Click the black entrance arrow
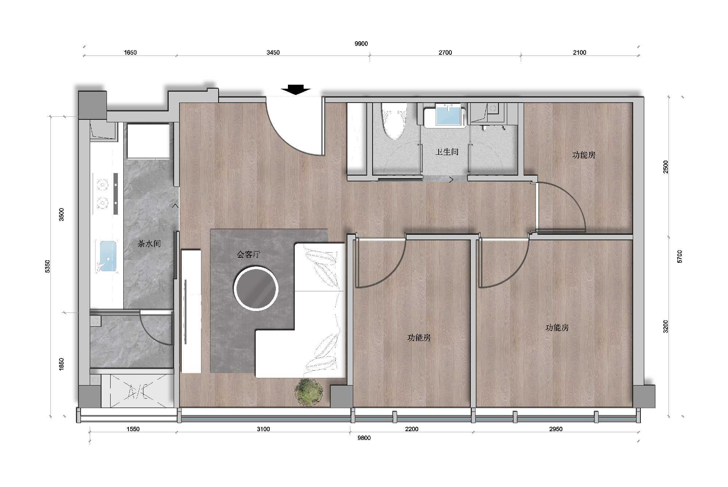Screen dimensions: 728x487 (x=296, y=89)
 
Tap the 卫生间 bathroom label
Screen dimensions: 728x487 (x=447, y=152)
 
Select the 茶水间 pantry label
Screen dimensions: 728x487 (x=149, y=244)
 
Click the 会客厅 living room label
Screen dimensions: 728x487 (x=248, y=254)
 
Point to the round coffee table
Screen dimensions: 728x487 (x=256, y=289)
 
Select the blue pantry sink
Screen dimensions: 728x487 (x=106, y=256)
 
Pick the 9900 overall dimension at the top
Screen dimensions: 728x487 (x=361, y=44)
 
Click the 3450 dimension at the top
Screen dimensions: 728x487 (x=273, y=53)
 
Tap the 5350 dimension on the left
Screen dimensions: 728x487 (x=48, y=266)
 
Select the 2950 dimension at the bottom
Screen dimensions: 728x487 (x=556, y=429)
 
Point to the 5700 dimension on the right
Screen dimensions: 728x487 (x=679, y=256)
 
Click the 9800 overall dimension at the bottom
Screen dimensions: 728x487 (x=364, y=438)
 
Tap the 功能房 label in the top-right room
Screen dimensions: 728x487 (x=584, y=155)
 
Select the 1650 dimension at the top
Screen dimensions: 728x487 (x=130, y=53)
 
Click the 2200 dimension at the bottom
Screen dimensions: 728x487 (x=412, y=429)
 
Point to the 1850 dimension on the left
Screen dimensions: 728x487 (x=61, y=364)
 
